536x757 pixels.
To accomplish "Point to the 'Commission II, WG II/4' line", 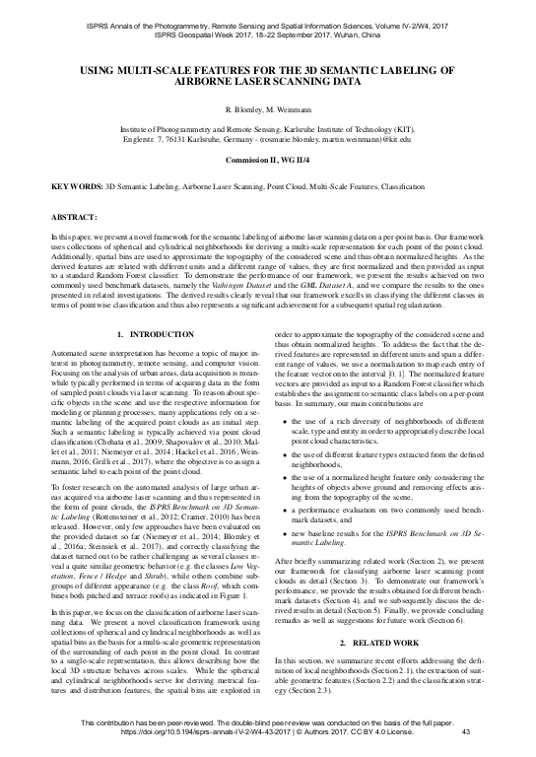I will (268, 158).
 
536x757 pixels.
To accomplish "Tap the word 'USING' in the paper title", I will (97, 71).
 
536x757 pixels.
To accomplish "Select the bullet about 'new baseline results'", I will (390, 578).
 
